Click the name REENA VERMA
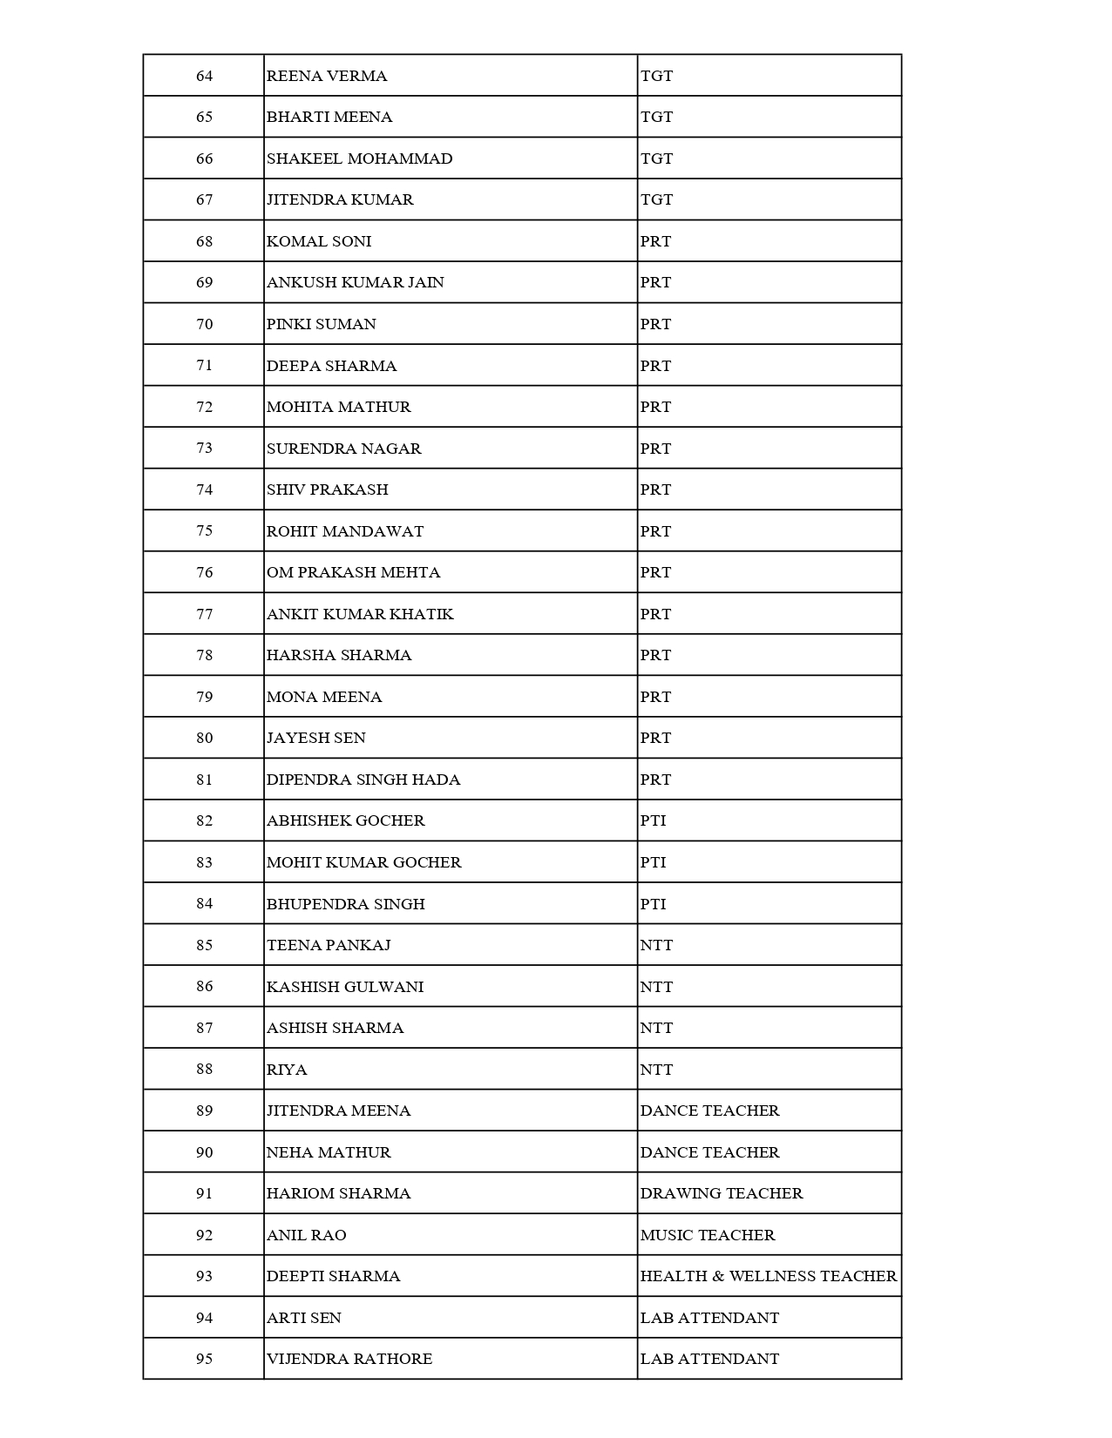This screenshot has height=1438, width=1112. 327,76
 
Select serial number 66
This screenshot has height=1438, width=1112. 204,159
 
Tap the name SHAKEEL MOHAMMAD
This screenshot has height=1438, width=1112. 359,159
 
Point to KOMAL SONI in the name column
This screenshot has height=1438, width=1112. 319,241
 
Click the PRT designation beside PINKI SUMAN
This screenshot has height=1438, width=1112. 655,324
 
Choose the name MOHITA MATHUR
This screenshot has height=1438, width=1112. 338,407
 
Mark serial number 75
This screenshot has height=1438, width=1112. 204,531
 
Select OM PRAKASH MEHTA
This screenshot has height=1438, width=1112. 353,572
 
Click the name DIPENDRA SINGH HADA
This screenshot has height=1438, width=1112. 363,780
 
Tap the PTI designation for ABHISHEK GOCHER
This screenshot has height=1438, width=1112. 653,820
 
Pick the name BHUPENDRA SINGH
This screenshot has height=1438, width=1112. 345,904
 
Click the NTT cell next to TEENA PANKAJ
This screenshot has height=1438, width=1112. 656,945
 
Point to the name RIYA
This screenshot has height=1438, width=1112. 287,1070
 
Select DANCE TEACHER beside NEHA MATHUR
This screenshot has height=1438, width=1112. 709,1152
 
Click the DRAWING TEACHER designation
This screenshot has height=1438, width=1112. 721,1193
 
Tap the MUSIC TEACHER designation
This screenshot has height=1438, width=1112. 707,1235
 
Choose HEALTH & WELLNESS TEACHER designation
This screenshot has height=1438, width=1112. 768,1276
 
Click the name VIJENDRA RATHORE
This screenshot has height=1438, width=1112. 349,1359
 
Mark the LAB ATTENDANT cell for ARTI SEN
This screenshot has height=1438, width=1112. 709,1318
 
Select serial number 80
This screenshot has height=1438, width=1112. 204,738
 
